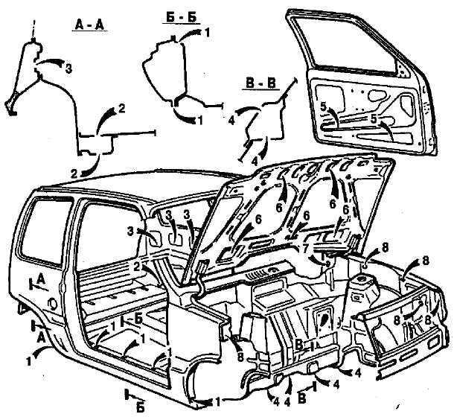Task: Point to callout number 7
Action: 305,248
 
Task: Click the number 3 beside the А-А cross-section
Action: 68,69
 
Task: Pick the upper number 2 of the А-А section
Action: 122,109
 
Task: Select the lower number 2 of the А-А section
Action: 74,174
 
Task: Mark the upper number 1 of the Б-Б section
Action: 207,33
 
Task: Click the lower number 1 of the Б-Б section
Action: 199,120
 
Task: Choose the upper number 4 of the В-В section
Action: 231,121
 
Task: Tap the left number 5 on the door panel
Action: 324,106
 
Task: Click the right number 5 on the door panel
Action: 375,118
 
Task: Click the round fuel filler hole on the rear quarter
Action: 53,303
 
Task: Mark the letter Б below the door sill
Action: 140,408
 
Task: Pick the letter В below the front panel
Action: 301,398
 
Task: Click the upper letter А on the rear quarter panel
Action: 41,279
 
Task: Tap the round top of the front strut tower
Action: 362,279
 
